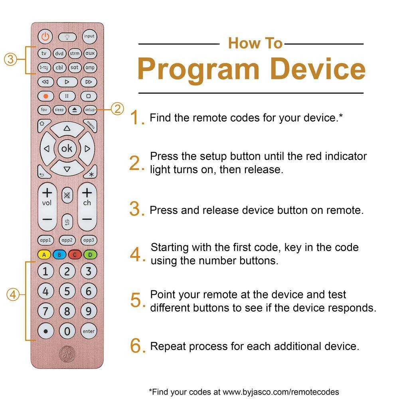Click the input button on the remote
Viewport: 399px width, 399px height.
89,36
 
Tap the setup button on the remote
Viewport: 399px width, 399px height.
90,110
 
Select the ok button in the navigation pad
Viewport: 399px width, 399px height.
67,148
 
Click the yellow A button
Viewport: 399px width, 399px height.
44,255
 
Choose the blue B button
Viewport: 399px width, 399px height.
59,255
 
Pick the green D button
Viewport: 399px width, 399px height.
90,255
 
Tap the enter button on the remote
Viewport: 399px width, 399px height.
89,331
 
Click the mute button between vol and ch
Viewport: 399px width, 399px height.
67,196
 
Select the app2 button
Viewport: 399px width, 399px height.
67,240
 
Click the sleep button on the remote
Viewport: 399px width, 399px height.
59,110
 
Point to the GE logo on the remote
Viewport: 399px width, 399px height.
67,354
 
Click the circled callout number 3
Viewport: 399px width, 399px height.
10,59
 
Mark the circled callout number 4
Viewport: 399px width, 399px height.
13,295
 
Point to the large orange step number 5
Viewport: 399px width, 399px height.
136,300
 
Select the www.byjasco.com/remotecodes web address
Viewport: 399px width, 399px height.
281,392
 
